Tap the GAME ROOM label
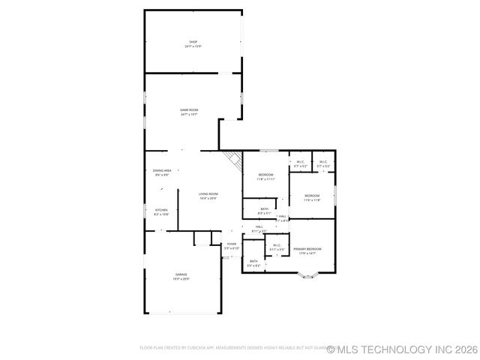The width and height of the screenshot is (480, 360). [x=189, y=110]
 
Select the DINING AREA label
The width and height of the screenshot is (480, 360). [x=163, y=170]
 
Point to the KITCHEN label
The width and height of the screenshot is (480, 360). [x=161, y=209]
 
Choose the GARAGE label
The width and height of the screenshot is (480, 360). [x=181, y=274]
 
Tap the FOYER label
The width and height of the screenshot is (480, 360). [x=232, y=244]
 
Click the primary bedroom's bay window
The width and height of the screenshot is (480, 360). [x=307, y=275]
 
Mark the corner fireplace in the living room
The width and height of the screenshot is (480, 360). [x=233, y=157]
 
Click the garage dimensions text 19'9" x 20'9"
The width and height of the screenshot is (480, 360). [x=181, y=278]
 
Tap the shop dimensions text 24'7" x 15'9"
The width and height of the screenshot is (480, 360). [x=193, y=46]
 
